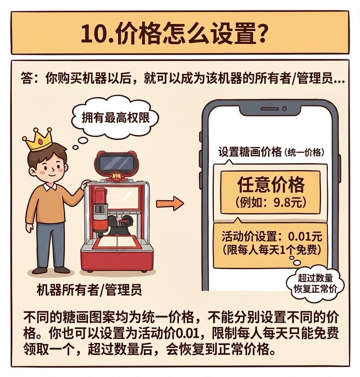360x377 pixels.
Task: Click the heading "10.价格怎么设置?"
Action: coord(173,33)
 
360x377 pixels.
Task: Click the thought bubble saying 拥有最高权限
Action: coord(115,117)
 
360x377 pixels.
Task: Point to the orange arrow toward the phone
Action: coord(170,203)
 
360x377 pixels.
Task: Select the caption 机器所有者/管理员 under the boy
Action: coord(89,290)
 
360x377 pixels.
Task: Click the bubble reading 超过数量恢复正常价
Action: coord(315,284)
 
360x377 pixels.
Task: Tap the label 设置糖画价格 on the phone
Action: coord(250,152)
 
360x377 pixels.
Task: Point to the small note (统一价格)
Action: coord(304,152)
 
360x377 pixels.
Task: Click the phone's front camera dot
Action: coord(285,109)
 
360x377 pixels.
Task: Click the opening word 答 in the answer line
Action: coord(27,78)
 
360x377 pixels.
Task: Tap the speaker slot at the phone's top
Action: coord(270,109)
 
